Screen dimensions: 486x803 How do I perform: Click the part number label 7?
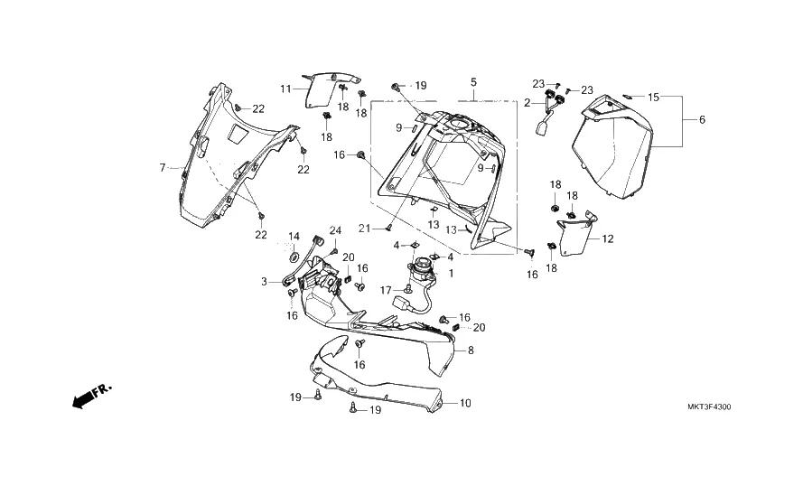(x=163, y=167)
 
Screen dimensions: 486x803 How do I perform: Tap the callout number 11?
(x=285, y=89)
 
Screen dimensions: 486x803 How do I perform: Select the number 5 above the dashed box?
(x=473, y=82)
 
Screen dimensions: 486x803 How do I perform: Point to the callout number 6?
(x=702, y=120)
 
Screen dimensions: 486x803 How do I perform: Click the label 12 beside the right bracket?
(x=608, y=238)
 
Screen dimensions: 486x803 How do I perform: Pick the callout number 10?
(x=465, y=403)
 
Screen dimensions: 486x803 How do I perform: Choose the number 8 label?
(x=470, y=350)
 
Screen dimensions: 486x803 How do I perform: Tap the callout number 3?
(x=265, y=282)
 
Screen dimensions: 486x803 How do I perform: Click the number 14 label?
(x=294, y=237)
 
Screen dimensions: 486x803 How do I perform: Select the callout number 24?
(x=335, y=229)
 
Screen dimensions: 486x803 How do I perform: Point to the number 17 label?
(x=386, y=290)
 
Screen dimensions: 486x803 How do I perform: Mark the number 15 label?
(x=653, y=97)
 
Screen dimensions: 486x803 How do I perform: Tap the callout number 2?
(x=528, y=103)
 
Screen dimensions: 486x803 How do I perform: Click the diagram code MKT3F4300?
(x=709, y=407)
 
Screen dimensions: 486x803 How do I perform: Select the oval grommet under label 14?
(x=294, y=258)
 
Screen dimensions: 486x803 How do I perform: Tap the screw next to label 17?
(x=409, y=289)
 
